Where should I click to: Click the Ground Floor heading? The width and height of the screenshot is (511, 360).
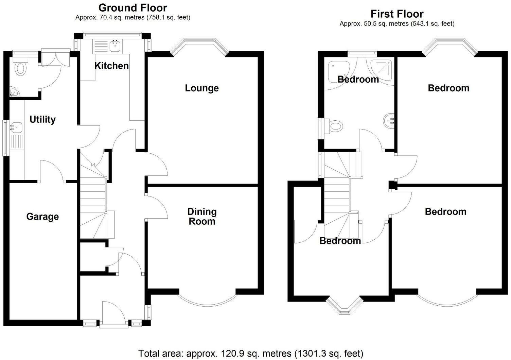coord(133,7)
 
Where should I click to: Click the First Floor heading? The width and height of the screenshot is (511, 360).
coord(397,14)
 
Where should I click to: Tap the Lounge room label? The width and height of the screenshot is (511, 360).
coord(201,88)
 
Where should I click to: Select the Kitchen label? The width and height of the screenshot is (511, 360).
coord(111,66)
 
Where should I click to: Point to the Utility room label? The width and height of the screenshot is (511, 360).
coord(42,119)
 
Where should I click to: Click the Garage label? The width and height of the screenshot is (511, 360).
coord(42,217)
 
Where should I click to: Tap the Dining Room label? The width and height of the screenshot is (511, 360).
coord(202,217)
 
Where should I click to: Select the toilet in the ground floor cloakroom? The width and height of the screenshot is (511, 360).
coord(21,68)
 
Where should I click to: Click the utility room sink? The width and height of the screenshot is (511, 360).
coord(16,128)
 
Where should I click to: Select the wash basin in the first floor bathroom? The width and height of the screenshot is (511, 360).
coord(389,121)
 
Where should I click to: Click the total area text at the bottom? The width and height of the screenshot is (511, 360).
coord(250,353)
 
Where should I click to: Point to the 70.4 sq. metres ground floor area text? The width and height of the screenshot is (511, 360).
coord(133,17)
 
